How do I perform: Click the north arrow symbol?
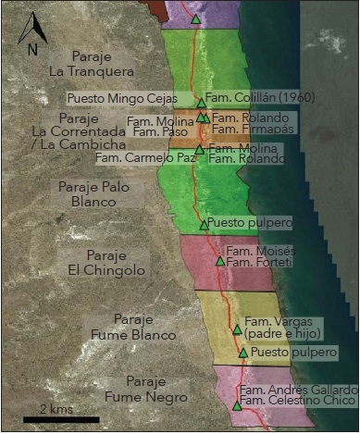click(31, 25)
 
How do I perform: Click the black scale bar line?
click(60, 419)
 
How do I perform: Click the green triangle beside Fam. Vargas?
click(237, 329)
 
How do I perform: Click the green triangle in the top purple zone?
click(195, 19)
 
